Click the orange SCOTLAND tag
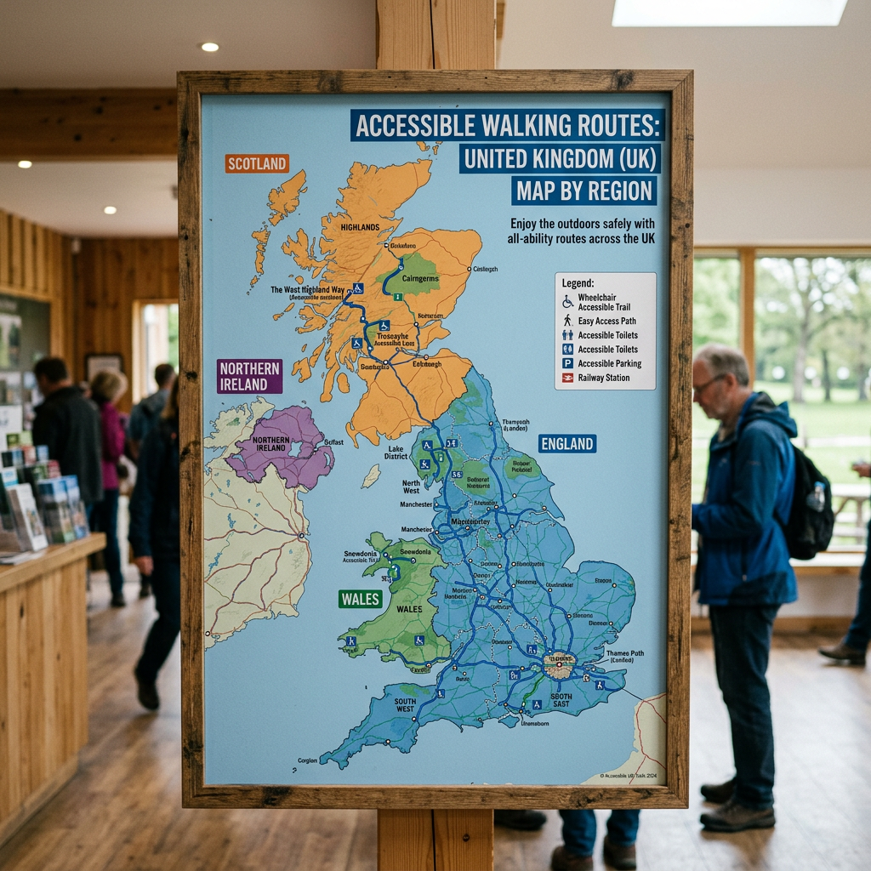coord(257,163)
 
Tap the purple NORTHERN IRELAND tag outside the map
coord(249,376)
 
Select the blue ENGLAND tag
coord(566,443)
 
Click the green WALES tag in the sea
coord(361,599)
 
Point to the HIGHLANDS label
coord(360,227)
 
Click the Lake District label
coord(396,453)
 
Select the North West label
coord(412,487)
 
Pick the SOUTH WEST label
coord(405,705)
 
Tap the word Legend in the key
coord(578,283)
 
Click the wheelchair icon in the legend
coord(567,301)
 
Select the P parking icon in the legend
coord(567,363)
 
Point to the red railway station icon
coord(567,378)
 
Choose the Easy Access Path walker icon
coord(567,321)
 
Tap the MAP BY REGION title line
coord(584,190)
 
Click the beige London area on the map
coord(560,664)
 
